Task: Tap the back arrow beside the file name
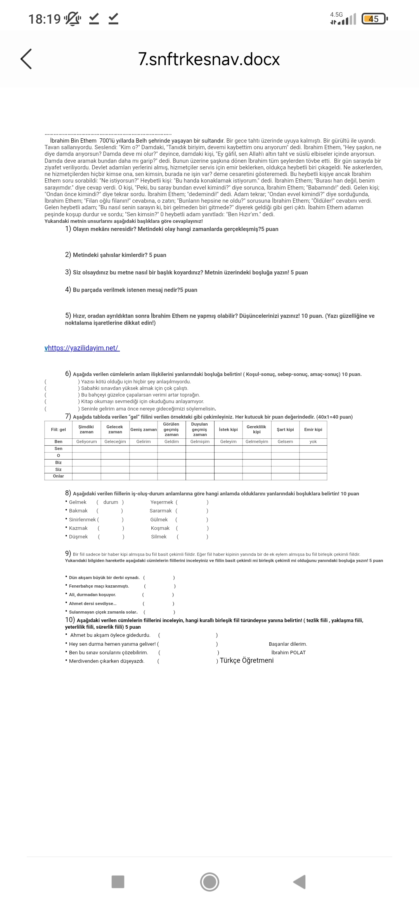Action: pyautogui.click(x=26, y=59)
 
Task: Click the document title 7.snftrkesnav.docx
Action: pyautogui.click(x=209, y=59)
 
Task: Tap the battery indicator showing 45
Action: pyautogui.click(x=374, y=19)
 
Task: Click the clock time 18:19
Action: pyautogui.click(x=44, y=19)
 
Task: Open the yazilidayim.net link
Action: pyautogui.click(x=83, y=348)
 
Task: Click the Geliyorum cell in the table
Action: pyautogui.click(x=87, y=441)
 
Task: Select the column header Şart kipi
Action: pyautogui.click(x=285, y=429)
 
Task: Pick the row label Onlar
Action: pyautogui.click(x=59, y=476)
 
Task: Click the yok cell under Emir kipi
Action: pyautogui.click(x=313, y=441)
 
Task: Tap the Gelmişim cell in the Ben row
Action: pyautogui.click(x=200, y=441)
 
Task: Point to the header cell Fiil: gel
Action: pyautogui.click(x=59, y=429)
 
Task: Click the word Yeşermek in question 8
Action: pyautogui.click(x=162, y=502)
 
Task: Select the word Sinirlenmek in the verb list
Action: pyautogui.click(x=83, y=519)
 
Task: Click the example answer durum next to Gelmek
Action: pyautogui.click(x=111, y=502)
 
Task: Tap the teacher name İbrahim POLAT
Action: pyautogui.click(x=288, y=652)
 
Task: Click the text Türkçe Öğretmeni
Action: pyautogui.click(x=247, y=660)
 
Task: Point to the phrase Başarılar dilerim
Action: pyautogui.click(x=287, y=644)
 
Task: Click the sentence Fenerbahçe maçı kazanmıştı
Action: pyautogui.click(x=99, y=586)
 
